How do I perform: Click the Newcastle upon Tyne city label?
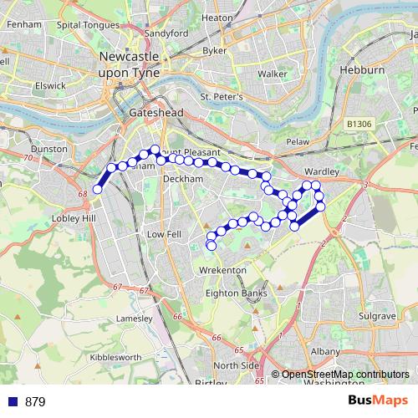pos(129,64)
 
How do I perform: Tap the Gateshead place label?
pos(150,112)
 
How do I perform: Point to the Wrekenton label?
pos(223,271)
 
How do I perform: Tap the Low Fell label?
pos(164,236)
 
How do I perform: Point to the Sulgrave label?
pos(377,318)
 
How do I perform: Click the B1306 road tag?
pos(357,124)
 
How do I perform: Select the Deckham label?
pos(183,179)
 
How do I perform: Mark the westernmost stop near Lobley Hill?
pos(97,190)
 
